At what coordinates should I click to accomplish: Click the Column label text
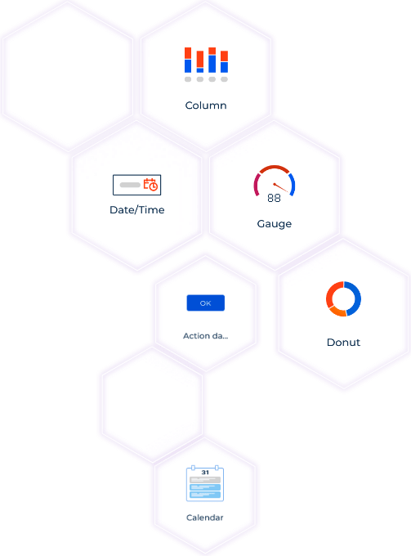pyautogui.click(x=206, y=105)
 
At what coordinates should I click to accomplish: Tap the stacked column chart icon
pyautogui.click(x=206, y=65)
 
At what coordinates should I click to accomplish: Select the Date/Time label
pyautogui.click(x=137, y=210)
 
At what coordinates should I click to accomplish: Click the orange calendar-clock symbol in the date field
pyautogui.click(x=150, y=185)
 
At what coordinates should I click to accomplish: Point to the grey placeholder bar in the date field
pyautogui.click(x=130, y=185)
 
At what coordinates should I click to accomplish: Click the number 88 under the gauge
pyautogui.click(x=275, y=198)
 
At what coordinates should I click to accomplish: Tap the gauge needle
pyautogui.click(x=280, y=187)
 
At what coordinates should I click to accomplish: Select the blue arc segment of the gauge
pyautogui.click(x=293, y=184)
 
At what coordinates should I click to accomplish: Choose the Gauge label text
pyautogui.click(x=275, y=224)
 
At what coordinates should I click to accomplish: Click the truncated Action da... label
pyautogui.click(x=206, y=336)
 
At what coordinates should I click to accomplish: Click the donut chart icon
pyautogui.click(x=343, y=299)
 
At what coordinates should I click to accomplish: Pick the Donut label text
pyautogui.click(x=343, y=342)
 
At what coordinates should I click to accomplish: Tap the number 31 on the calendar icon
pyautogui.click(x=205, y=473)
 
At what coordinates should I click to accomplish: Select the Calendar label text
pyautogui.click(x=205, y=518)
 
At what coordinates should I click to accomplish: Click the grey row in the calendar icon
pyautogui.click(x=205, y=480)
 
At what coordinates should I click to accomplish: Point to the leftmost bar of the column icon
pyautogui.click(x=188, y=60)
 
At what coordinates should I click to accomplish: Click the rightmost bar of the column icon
pyautogui.click(x=224, y=61)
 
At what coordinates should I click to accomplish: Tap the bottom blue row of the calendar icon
pyautogui.click(x=205, y=495)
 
